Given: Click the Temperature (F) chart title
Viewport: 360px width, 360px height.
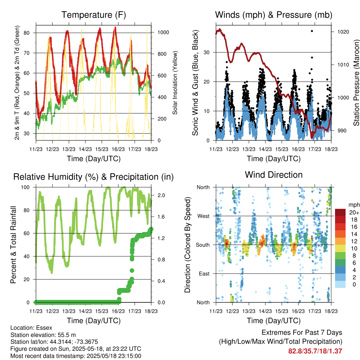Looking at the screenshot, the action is [x=94, y=15].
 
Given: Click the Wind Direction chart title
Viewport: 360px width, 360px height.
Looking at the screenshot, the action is [x=274, y=175].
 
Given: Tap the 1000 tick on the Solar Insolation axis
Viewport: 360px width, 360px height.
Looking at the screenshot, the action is [x=163, y=32].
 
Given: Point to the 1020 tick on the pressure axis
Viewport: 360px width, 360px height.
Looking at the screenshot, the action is [x=343, y=32].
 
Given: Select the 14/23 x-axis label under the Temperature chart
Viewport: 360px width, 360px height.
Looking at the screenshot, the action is [x=85, y=149].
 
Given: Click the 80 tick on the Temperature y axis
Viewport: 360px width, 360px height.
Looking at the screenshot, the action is [x=27, y=33].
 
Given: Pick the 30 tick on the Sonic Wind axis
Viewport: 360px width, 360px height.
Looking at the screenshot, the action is [x=207, y=52].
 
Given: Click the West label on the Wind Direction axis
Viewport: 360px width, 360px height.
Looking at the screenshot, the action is [x=204, y=216].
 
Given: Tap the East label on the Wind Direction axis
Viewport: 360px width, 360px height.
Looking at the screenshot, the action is [x=204, y=274].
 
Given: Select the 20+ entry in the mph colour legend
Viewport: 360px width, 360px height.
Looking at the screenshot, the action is [x=354, y=212].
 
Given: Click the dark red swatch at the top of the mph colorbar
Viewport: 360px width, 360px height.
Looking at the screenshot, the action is [x=340, y=212].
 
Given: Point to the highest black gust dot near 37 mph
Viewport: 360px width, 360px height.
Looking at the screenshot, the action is [x=312, y=31].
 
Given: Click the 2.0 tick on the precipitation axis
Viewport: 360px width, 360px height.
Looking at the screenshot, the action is [x=161, y=195].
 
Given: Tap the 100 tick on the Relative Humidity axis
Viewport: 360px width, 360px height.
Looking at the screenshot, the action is [x=25, y=187].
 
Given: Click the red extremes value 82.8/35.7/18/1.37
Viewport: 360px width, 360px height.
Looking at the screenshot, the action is [x=315, y=351].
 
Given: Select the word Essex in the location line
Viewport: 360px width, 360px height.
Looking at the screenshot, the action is [x=45, y=328].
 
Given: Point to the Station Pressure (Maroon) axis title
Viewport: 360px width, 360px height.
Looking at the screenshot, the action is [x=356, y=83].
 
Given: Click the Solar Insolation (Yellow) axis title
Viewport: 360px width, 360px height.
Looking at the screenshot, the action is [x=175, y=83].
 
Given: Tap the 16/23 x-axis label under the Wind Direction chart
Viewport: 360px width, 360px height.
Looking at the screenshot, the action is [x=298, y=311].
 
